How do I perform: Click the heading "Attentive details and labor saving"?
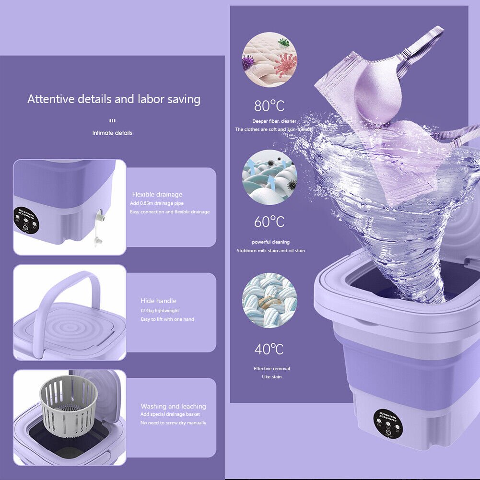point(114,99)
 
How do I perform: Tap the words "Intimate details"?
point(112,133)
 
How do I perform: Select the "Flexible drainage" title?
point(157,194)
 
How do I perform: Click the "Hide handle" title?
point(158,301)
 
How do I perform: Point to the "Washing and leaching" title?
point(173,406)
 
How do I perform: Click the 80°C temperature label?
point(269,105)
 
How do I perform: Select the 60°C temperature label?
point(269,222)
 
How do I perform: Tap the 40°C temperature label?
point(269,349)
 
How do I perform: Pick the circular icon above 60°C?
point(269,177)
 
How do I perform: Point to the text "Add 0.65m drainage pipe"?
point(156,203)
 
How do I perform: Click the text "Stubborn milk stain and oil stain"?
point(270,251)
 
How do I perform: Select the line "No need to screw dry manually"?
point(173,423)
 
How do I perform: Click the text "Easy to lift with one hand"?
point(167,319)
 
